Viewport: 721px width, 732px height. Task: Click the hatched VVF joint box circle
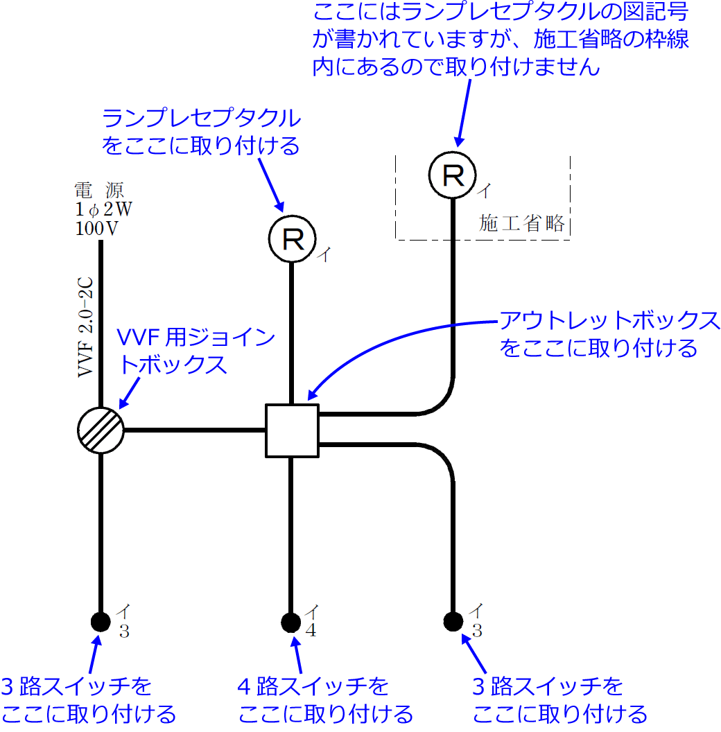coord(101,430)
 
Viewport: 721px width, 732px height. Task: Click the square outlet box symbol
coord(292,430)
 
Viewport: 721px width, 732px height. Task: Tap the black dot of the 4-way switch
coord(291,620)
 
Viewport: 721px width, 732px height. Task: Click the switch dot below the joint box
coord(101,620)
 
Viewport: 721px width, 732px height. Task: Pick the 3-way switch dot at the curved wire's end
coord(453,620)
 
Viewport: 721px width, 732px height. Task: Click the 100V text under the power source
coord(96,228)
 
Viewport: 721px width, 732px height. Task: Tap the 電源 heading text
coord(101,191)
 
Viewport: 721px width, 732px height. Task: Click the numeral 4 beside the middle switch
coord(312,631)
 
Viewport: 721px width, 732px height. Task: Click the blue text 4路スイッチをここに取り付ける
coord(324,699)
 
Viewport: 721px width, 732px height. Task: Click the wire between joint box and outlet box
coord(194,430)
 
